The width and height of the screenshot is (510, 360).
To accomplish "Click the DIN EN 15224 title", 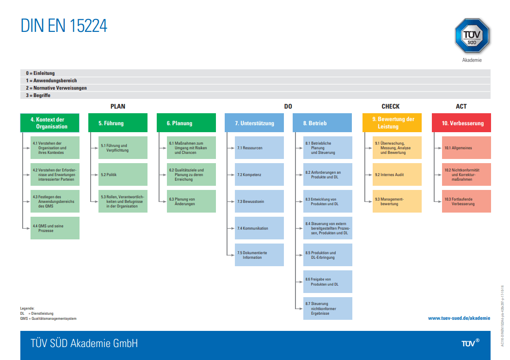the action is tap(64, 26).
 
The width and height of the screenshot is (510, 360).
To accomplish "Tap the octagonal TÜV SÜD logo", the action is tap(472, 36).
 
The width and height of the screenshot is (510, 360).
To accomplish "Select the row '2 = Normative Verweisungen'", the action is tap(255, 88).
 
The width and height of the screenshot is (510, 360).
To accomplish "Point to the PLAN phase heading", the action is tap(118, 106).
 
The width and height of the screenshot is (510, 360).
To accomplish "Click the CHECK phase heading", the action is tap(390, 106).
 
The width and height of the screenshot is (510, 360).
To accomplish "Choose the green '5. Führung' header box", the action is tap(118, 123).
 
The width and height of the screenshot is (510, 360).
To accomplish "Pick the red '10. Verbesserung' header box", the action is tap(461, 123).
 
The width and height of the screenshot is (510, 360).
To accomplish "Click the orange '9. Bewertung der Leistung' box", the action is tap(392, 123).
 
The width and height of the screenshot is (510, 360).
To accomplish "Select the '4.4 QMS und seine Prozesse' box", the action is tap(55, 228).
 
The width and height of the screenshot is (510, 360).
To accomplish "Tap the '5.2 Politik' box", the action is tap(123, 175).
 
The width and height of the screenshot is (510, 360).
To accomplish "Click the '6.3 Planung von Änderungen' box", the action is tap(191, 201).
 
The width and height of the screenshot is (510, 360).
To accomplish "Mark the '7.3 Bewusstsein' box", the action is tap(259, 201).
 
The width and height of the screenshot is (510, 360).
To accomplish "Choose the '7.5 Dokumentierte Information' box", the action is tap(259, 255).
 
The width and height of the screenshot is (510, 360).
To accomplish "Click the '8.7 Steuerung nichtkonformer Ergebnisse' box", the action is tap(327, 308).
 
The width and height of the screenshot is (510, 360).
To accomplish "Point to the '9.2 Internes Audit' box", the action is tap(397, 175).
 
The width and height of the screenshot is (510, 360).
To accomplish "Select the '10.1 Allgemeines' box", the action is tap(467, 147).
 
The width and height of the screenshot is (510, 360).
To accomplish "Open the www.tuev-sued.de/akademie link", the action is tap(459, 318).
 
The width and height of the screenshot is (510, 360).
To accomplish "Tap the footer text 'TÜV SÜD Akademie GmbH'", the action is tap(84, 343).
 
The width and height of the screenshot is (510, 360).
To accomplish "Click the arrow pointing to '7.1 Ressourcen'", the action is tap(230, 148).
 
